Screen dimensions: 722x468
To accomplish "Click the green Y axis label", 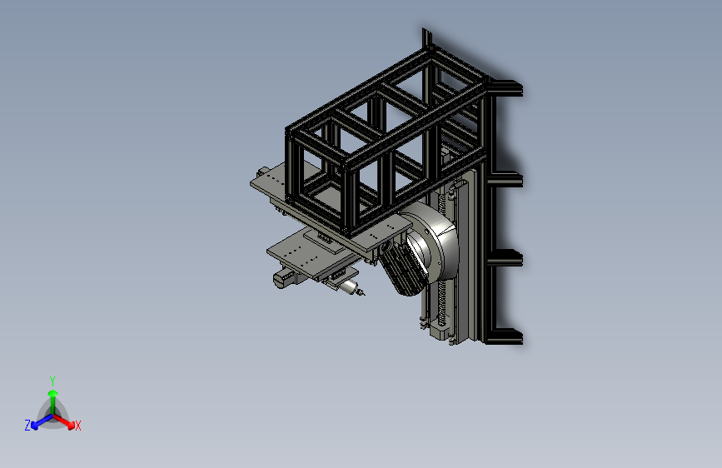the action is point(52,381).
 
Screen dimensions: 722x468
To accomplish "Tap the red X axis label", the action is point(77,426).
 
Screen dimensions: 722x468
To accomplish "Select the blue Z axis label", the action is point(27,426).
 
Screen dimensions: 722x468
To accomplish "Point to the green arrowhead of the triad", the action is point(53,393).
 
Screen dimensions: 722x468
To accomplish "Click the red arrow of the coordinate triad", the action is point(63,421).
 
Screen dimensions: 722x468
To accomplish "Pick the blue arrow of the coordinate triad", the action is point(42,421).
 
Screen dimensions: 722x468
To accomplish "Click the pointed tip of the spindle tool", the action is point(363,293).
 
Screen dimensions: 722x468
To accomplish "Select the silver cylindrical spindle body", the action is point(349,286).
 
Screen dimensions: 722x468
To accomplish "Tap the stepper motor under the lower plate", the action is point(285,278).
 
